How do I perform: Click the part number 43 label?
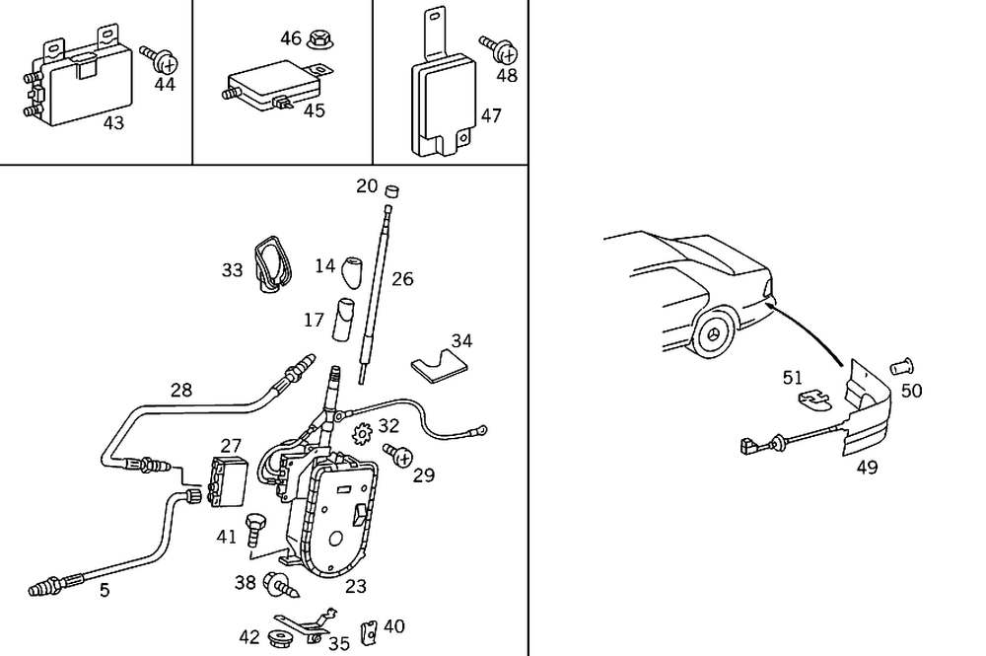(113, 123)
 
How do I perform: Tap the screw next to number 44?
(159, 59)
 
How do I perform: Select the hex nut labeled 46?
(319, 38)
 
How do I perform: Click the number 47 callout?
(490, 115)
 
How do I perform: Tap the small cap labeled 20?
(391, 189)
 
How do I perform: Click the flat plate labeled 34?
(441, 364)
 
